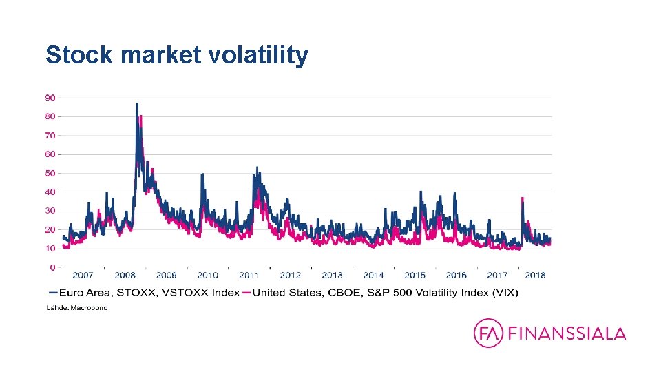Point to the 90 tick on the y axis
click(50, 97)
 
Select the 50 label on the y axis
click(50, 173)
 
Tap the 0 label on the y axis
click(52, 267)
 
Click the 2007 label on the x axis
click(83, 275)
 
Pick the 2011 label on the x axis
click(249, 275)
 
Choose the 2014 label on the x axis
click(373, 275)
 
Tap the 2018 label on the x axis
click(535, 275)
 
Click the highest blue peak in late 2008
click(136, 105)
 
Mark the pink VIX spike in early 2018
click(523, 199)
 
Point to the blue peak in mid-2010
click(202, 175)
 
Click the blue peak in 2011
click(257, 168)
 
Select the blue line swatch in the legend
click(53, 292)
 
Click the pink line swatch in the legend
click(247, 292)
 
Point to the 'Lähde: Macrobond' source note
click(76, 308)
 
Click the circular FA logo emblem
click(488, 333)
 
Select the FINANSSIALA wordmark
click(567, 334)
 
